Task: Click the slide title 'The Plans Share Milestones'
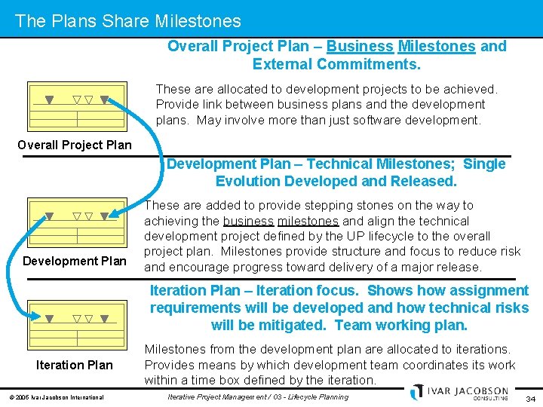tap(127, 21)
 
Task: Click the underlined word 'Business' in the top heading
tap(360, 46)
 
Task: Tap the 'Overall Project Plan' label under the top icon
tap(75, 145)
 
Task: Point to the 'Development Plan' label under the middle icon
tap(75, 261)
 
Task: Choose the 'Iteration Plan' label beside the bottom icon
tap(75, 365)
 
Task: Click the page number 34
tap(530, 397)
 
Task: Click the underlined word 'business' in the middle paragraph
tap(248, 221)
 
